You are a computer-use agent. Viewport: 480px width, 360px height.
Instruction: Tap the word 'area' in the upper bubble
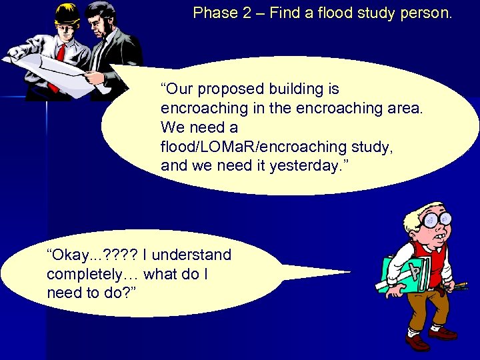pos(404,108)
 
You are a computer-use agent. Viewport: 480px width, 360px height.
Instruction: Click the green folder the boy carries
pos(400,273)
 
